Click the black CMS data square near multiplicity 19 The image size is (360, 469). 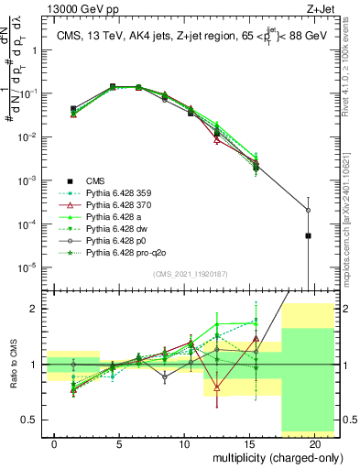[308, 235]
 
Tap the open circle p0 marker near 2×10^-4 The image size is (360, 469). [308, 210]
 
